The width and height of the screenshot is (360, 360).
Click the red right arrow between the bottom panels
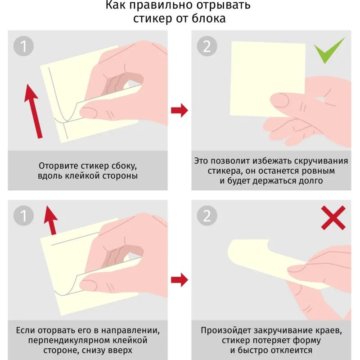[x=180, y=280]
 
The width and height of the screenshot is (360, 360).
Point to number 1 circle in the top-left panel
[x=23, y=46]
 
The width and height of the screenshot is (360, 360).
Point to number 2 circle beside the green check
[x=207, y=46]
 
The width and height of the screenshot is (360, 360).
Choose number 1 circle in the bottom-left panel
[x=23, y=216]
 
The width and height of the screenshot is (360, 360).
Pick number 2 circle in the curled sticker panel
[x=207, y=216]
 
